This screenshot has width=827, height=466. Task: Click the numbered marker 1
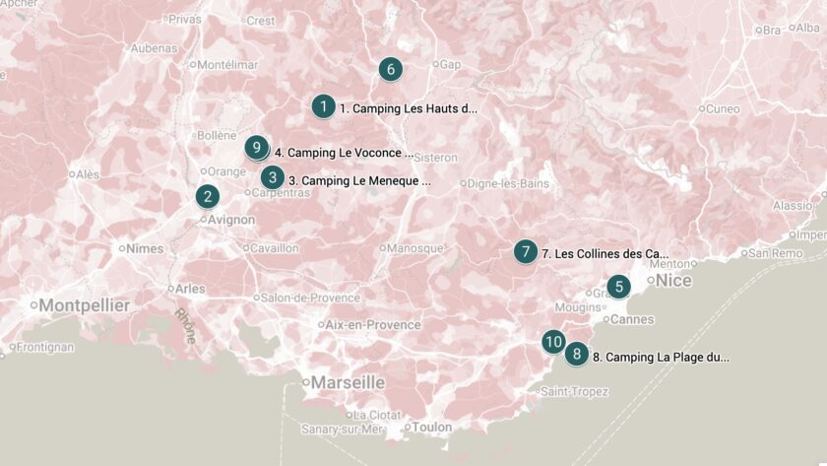tap(323, 106)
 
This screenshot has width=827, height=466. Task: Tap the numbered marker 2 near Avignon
tap(207, 196)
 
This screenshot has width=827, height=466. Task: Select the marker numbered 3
tap(272, 177)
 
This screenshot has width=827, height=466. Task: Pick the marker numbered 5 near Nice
tap(617, 287)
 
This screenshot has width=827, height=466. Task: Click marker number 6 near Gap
tap(390, 69)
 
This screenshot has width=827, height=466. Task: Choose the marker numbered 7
tap(526, 252)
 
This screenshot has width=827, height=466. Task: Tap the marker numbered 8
tap(576, 355)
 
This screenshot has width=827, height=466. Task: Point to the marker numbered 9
tap(256, 149)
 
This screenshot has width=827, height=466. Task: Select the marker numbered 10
tap(553, 342)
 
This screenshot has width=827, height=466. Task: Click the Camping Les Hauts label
tap(408, 108)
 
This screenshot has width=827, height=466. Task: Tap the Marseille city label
tap(348, 382)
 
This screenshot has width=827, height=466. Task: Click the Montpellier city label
tap(85, 305)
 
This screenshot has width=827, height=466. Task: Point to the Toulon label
tap(431, 427)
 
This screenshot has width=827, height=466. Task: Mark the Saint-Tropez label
tap(574, 392)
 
